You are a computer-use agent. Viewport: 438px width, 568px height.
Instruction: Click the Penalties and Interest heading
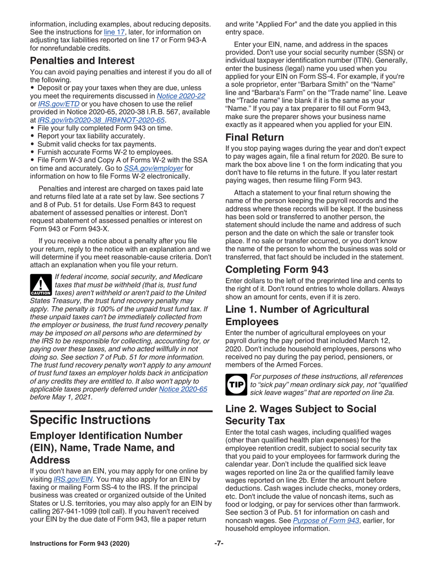pyautogui.click(x=82, y=60)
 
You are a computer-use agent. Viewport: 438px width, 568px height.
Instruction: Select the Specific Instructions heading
pyautogui.click(x=90, y=420)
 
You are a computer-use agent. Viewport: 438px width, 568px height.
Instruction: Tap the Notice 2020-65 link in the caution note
pyautogui.click(x=183, y=389)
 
